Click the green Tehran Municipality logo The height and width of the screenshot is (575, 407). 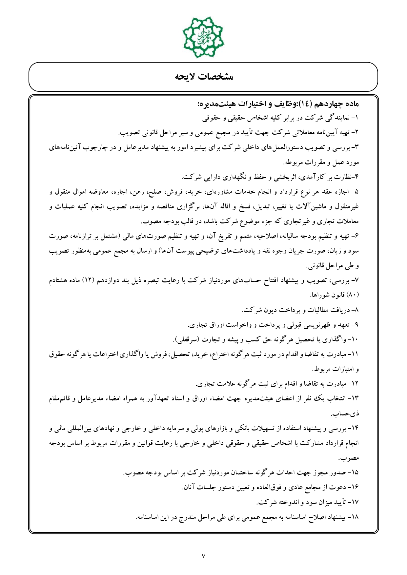[203, 37]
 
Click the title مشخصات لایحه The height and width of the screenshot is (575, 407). [203, 77]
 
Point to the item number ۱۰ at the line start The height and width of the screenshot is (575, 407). [355, 339]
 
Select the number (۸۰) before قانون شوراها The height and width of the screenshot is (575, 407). [354, 295]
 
